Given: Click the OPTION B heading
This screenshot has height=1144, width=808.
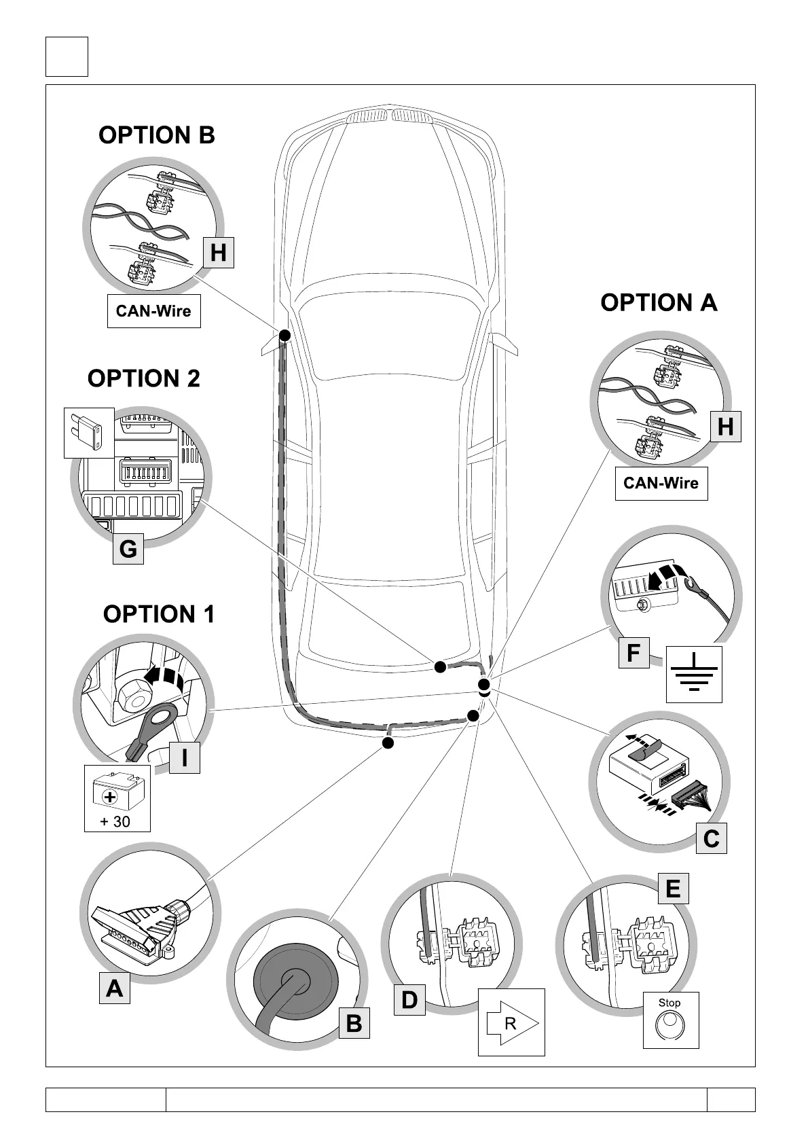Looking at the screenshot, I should (x=157, y=135).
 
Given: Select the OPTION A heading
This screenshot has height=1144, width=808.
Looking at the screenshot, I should (x=659, y=302).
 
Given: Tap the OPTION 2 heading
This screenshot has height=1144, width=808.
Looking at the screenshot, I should (x=144, y=378).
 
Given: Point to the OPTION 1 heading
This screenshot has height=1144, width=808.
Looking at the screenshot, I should (x=158, y=614).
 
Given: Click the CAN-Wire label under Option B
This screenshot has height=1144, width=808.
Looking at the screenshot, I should (x=153, y=311).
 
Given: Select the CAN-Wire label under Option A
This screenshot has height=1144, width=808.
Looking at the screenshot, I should (x=661, y=483).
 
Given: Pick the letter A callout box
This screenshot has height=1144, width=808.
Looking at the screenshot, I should (x=114, y=988).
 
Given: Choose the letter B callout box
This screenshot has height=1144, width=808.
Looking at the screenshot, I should (x=354, y=1023).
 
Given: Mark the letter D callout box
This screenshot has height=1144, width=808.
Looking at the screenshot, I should (x=409, y=1000).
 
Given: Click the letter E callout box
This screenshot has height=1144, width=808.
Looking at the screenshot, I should (x=673, y=889).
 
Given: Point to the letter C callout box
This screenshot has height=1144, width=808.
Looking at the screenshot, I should (x=711, y=838).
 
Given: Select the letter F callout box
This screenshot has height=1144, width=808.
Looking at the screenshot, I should (x=633, y=653).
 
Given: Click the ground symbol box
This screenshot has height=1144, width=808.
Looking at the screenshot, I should (x=694, y=674).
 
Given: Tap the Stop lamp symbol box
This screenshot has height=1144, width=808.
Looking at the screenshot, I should (x=670, y=1019).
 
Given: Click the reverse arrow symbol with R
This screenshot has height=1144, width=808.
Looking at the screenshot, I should (x=511, y=1022).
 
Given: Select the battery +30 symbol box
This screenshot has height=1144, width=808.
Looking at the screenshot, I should (x=117, y=798).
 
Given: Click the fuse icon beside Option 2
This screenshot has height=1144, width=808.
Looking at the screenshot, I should (x=89, y=433).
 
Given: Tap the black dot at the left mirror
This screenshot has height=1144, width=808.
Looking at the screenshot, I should (x=284, y=335).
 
